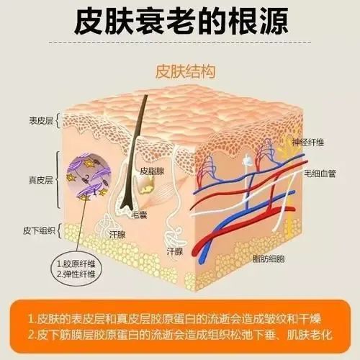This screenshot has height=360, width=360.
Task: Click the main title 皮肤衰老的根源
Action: [x=181, y=21]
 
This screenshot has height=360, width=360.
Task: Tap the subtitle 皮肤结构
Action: [x=185, y=71]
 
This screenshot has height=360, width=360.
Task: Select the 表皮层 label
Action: [x=41, y=121]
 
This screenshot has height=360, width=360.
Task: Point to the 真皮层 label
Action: [x=41, y=180]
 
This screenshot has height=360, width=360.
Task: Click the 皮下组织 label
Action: [x=39, y=230]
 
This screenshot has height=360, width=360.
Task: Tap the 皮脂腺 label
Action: [x=152, y=171]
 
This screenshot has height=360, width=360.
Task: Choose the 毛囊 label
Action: [x=139, y=215]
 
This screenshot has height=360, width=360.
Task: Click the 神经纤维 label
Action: [x=308, y=143]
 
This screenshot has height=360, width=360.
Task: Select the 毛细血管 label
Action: [x=320, y=174]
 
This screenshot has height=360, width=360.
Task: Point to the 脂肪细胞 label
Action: [x=269, y=258]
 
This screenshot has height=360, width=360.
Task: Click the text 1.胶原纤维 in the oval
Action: [x=76, y=264]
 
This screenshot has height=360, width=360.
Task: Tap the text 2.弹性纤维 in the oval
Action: [x=76, y=274]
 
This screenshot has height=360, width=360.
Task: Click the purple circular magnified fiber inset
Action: [x=89, y=176]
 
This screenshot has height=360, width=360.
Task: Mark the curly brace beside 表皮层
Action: [x=58, y=121]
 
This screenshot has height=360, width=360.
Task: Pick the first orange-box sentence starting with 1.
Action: [x=174, y=319]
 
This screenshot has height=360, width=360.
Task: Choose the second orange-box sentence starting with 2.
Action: [x=180, y=335]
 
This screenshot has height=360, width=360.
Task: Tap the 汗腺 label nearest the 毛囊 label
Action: [x=117, y=235]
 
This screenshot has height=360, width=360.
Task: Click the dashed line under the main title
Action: [x=180, y=42]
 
